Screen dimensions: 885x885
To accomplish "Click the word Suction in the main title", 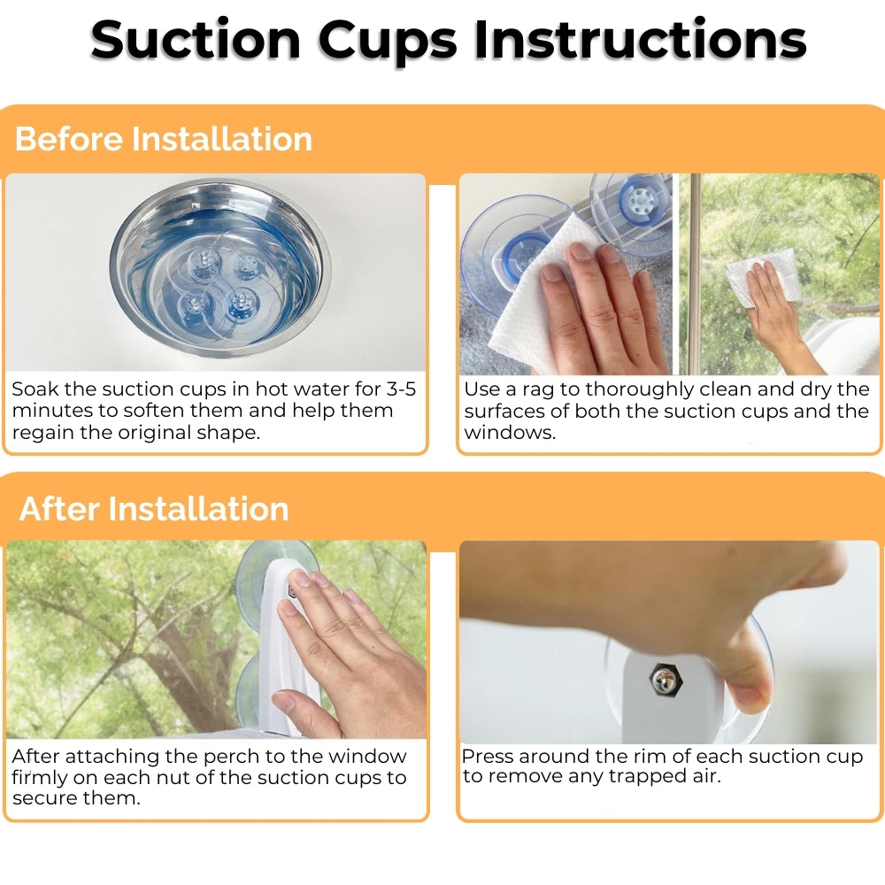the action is tap(196, 40).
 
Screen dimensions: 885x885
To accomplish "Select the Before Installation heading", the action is tap(163, 139).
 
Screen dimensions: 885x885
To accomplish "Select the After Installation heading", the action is tap(154, 509).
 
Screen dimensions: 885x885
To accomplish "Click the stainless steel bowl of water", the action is tap(220, 268).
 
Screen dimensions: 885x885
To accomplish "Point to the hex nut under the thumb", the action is tap(666, 679).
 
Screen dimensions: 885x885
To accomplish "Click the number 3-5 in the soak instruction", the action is tap(401, 389).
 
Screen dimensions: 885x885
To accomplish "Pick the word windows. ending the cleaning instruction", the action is tap(510, 433).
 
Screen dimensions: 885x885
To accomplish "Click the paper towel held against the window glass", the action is tap(762, 276).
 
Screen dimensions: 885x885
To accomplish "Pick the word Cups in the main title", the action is tap(388, 42).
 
